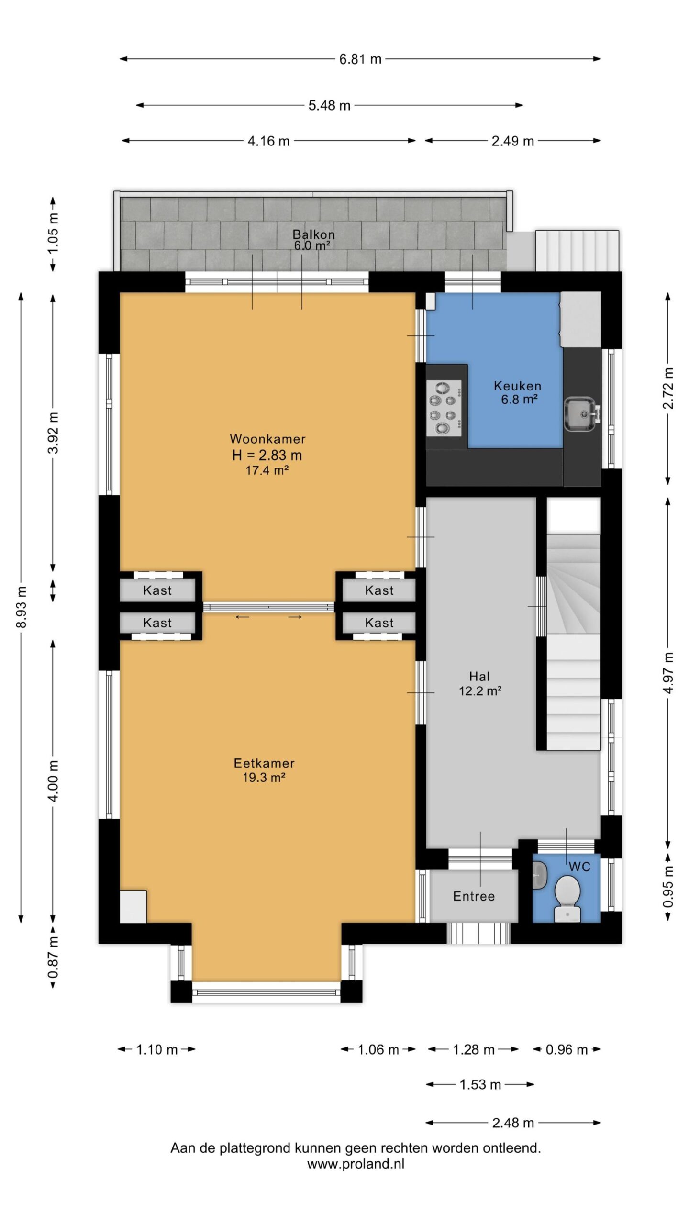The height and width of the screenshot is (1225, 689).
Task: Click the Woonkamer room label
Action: pyautogui.click(x=267, y=439)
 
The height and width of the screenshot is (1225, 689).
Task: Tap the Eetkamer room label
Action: pyautogui.click(x=264, y=763)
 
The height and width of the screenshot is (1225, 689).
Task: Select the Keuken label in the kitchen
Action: pyautogui.click(x=518, y=386)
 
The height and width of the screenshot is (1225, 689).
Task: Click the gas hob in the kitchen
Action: pyautogui.click(x=444, y=408)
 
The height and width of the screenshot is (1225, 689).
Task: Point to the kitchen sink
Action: pyautogui.click(x=582, y=413)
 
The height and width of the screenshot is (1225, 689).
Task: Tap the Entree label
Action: pyautogui.click(x=474, y=896)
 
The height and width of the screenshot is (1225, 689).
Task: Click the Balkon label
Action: pyautogui.click(x=313, y=234)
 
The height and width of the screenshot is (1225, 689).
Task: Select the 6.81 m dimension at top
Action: pyautogui.click(x=360, y=59)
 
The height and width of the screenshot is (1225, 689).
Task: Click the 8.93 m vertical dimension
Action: pyautogui.click(x=22, y=607)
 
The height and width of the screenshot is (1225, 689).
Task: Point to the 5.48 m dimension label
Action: pyautogui.click(x=329, y=105)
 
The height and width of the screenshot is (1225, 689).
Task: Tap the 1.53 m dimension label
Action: pyautogui.click(x=480, y=1084)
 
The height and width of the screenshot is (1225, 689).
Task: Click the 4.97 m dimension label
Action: pyautogui.click(x=668, y=673)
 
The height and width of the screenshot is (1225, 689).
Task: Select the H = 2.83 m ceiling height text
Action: pyautogui.click(x=267, y=455)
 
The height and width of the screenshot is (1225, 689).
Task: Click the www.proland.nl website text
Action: pyautogui.click(x=356, y=1164)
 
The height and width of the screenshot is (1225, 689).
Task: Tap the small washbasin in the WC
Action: pyautogui.click(x=539, y=875)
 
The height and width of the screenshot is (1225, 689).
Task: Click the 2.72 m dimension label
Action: pyautogui.click(x=668, y=389)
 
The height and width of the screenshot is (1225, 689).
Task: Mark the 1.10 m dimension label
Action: pyautogui.click(x=157, y=1050)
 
